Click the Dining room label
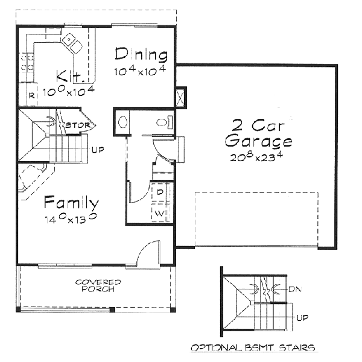click(x=141, y=55)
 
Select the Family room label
click(x=71, y=202)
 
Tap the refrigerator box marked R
click(x=31, y=94)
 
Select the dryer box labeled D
click(x=160, y=192)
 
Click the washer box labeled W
click(x=160, y=213)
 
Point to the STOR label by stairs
click(x=79, y=125)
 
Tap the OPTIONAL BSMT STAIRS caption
click(x=253, y=348)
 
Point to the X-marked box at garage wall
click(x=180, y=98)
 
